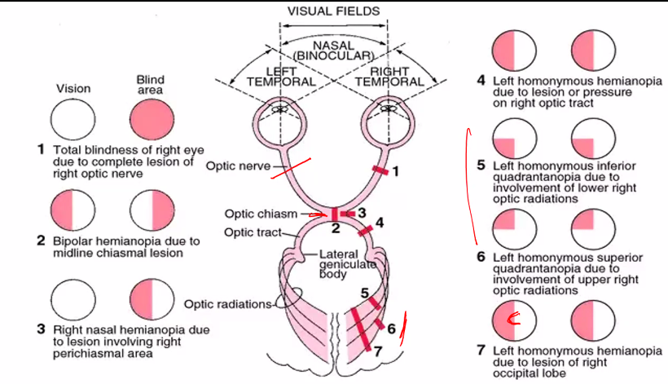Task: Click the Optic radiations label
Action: click(226, 304)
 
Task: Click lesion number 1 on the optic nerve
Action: click(395, 172)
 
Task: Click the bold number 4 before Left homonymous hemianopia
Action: click(481, 81)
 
